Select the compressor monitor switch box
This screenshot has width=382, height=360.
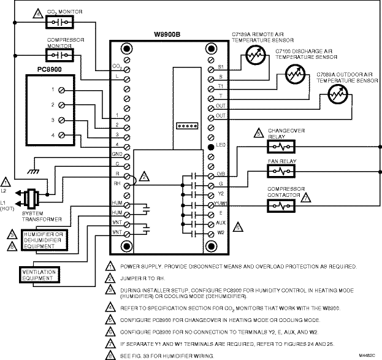coord(60,56)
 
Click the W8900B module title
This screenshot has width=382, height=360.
coord(169,35)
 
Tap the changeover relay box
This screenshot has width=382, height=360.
coord(281,148)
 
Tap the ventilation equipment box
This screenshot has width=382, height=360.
coord(39,273)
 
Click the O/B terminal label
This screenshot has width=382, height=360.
coord(221,174)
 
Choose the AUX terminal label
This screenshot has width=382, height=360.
coord(222,223)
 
